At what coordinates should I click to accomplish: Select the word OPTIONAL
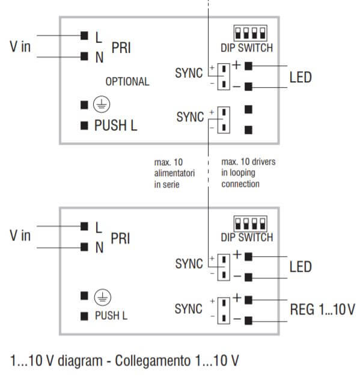(127, 81)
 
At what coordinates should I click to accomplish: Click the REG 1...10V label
(322, 310)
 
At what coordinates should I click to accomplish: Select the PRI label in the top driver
(121, 48)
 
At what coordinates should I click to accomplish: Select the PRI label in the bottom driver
(121, 239)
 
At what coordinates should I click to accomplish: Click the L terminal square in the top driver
(84, 35)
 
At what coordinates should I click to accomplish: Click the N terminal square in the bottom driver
(84, 247)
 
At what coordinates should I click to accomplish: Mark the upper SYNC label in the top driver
(189, 75)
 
